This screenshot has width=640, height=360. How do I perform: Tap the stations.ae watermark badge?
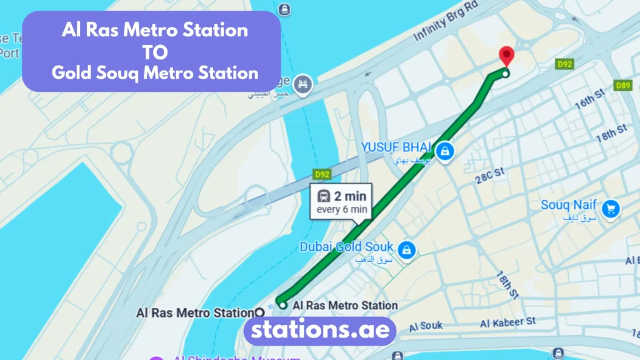[319, 330]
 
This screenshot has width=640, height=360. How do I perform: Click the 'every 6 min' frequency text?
[342, 209]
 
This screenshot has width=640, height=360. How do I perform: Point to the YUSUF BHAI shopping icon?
[444, 150]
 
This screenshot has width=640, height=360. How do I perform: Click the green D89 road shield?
[622, 86]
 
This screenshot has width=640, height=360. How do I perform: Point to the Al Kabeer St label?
[507, 322]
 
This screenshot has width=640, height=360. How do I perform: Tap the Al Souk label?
[426, 326]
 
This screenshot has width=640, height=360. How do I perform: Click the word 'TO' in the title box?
[154, 51]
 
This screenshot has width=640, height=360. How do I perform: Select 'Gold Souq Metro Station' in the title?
[154, 72]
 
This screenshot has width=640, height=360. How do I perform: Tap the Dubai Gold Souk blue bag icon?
[407, 249]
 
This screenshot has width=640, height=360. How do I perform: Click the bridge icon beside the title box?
[303, 82]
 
